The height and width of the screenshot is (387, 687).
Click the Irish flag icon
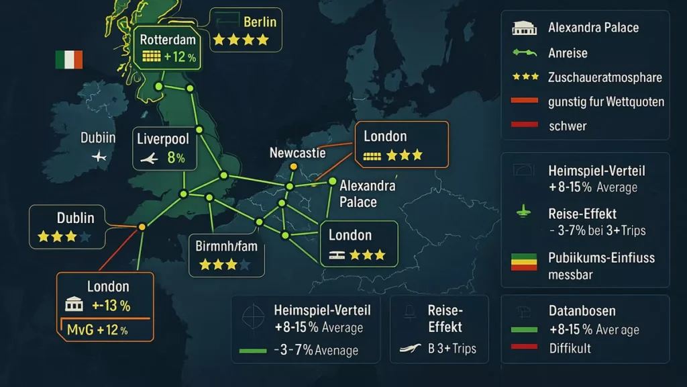pos(68,60)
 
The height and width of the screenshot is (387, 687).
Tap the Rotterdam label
pos(167,40)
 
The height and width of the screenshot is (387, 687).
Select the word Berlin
pos(260,22)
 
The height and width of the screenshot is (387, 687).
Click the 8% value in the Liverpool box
pos(175,159)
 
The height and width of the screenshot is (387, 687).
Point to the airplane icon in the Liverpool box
pos(149,159)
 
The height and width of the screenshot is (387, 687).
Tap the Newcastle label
pos(297,153)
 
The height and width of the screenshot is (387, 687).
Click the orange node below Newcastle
pos(293,167)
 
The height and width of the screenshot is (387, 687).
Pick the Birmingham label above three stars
pos(226,246)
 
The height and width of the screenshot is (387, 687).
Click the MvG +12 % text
pos(97,330)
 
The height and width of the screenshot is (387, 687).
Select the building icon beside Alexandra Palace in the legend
pos(525,28)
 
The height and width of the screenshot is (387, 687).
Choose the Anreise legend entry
pos(567,52)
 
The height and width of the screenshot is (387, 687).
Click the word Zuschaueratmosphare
pos(604,77)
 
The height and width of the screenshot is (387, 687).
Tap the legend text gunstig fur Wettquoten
pos(606,101)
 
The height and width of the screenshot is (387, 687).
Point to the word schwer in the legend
pos(567,126)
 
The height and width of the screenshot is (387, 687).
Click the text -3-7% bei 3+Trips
pos(596,230)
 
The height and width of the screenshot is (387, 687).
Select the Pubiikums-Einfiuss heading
pos(601,257)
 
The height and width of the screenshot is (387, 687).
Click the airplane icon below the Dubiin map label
pos(100,157)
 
